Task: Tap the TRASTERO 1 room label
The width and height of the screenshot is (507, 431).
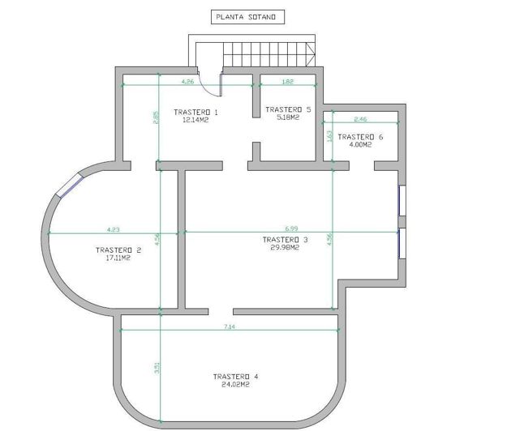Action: click(x=196, y=111)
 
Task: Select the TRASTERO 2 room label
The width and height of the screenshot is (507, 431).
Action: click(x=118, y=250)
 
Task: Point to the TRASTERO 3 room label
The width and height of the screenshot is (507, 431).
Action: click(x=286, y=240)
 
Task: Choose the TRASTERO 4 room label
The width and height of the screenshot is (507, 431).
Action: click(x=235, y=377)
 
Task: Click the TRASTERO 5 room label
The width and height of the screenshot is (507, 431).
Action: click(x=288, y=109)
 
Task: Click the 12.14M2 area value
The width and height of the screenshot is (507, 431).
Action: click(x=195, y=119)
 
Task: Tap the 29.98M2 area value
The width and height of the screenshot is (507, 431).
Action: click(x=286, y=248)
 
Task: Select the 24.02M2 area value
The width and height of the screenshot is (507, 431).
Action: click(x=235, y=385)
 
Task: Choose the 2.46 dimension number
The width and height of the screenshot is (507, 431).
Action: click(x=359, y=120)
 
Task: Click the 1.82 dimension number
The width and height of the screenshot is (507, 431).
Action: click(x=287, y=82)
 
